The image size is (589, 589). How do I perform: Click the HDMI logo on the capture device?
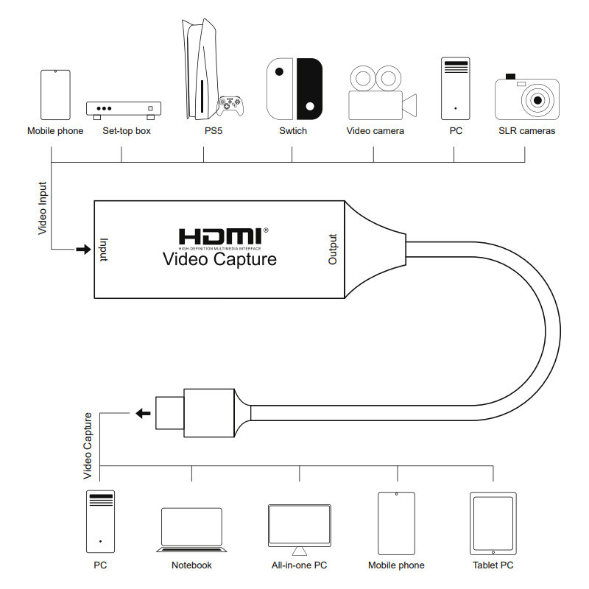pyautogui.click(x=223, y=239)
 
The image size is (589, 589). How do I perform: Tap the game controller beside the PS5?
pyautogui.click(x=230, y=106)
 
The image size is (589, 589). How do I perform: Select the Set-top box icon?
pyautogui.click(x=124, y=110)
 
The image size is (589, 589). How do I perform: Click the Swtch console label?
pyautogui.click(x=293, y=131)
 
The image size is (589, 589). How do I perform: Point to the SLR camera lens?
pyautogui.click(x=537, y=100)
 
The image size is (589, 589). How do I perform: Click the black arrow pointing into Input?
pyautogui.click(x=83, y=249)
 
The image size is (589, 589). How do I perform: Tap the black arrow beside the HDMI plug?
pyautogui.click(x=143, y=414)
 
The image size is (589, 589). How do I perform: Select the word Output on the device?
pyautogui.click(x=333, y=250)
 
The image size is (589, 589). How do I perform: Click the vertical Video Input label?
pyautogui.click(x=43, y=208)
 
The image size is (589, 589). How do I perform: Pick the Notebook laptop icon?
pyautogui.click(x=191, y=529)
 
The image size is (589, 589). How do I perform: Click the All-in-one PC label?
pyautogui.click(x=300, y=565)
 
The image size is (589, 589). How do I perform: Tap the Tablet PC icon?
pyautogui.click(x=493, y=523)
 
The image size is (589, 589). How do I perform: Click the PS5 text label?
pyautogui.click(x=214, y=131)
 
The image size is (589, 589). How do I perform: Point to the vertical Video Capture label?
pyautogui.click(x=88, y=446)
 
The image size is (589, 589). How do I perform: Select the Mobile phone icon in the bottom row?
pyautogui.click(x=396, y=523)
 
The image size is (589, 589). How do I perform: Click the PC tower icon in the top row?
pyautogui.click(x=455, y=88)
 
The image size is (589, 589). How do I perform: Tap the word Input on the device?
pyautogui.click(x=104, y=250)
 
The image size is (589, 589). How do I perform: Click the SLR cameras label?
pyautogui.click(x=526, y=131)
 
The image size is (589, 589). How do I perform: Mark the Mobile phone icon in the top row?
pyautogui.click(x=56, y=95)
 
